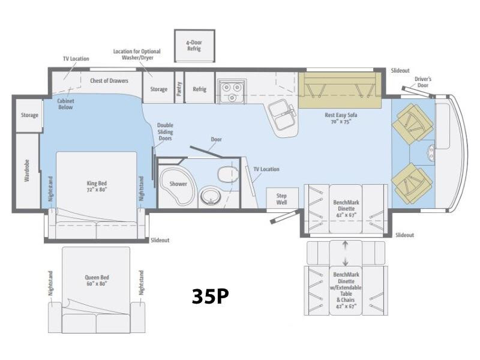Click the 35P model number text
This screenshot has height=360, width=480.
(x=211, y=296)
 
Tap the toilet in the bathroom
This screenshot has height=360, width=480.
(x=228, y=174)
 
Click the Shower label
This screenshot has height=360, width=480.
(x=178, y=184)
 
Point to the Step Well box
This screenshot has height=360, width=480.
(x=282, y=198)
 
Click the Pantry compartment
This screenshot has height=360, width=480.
(x=179, y=88)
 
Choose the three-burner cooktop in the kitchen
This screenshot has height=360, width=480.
(x=232, y=91)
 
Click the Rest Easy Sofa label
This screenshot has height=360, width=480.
(x=341, y=118)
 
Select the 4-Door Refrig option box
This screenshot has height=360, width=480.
(x=194, y=46)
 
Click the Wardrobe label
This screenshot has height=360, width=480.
(x=27, y=170)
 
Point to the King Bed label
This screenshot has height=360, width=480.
(x=97, y=186)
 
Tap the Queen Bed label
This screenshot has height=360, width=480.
(x=97, y=280)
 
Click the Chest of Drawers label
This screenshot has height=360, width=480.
(x=109, y=81)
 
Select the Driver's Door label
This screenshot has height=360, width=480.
(x=423, y=82)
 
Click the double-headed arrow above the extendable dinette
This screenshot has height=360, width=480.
(x=346, y=253)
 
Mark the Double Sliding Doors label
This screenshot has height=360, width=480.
(x=166, y=131)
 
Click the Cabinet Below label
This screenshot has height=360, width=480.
(x=65, y=104)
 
